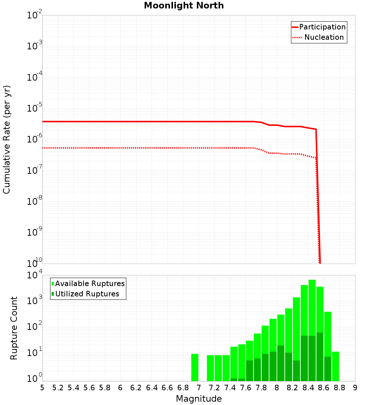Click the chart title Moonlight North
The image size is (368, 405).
click(184, 6)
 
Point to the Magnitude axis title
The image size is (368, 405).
click(199, 398)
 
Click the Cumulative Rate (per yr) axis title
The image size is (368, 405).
click(7, 140)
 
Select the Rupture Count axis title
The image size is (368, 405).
click(14, 328)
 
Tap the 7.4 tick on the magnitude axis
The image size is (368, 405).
click(230, 387)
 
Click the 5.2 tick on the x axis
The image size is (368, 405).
click(58, 387)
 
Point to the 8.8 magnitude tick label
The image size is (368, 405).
click(340, 387)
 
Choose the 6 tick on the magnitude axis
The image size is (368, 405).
click(120, 387)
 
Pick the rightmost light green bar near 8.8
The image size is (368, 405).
click(335, 366)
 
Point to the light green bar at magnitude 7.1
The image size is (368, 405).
click(210, 368)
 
